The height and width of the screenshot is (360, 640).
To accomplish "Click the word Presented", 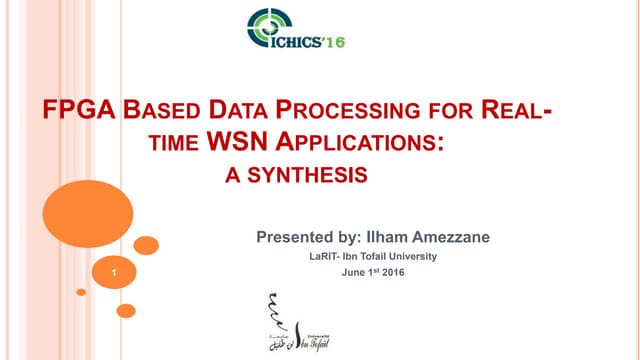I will [294, 238].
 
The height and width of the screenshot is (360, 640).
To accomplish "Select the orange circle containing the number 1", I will [116, 271].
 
